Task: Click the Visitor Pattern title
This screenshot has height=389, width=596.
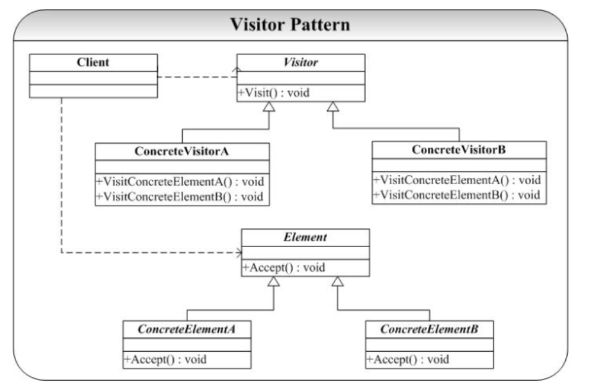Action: tap(290, 25)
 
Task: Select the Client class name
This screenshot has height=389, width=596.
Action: tap(93, 62)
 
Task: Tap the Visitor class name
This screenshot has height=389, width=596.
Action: tap(301, 62)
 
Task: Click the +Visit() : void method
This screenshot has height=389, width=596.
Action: tap(274, 93)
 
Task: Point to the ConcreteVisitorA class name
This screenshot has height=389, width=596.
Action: tap(182, 151)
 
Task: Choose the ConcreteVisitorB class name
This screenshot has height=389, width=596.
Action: tap(459, 150)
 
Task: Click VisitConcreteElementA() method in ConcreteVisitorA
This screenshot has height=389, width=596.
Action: tap(180, 182)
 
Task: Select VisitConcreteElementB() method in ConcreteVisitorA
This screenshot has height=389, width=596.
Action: tap(180, 197)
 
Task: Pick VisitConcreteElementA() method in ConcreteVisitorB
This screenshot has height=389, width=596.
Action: tap(457, 180)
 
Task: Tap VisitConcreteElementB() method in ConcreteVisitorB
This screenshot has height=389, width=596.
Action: tap(456, 195)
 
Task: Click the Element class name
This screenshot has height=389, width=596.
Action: tap(305, 238)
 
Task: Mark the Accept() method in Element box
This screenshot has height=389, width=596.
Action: tap(284, 268)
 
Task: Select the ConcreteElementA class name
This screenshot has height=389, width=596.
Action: tap(187, 329)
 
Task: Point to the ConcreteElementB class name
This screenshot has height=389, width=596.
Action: tap(429, 329)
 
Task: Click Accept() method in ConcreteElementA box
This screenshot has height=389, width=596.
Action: tap(165, 359)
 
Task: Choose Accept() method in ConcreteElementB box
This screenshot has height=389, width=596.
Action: tap(407, 359)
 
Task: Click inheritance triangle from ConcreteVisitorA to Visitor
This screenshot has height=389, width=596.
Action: tap(269, 107)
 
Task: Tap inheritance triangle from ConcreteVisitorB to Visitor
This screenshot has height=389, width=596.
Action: tap(333, 107)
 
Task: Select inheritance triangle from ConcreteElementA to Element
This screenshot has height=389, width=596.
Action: tap(274, 281)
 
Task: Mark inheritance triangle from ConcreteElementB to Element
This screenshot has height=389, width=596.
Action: tap(337, 281)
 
